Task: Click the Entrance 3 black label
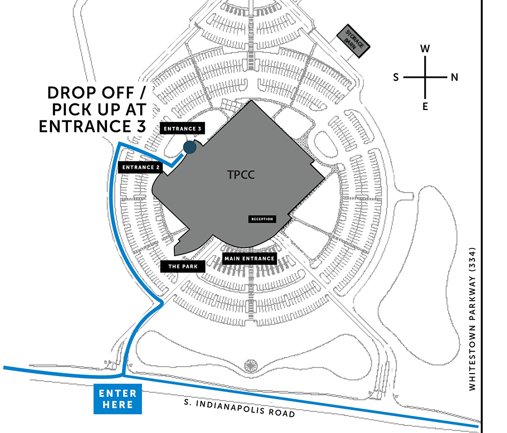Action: (182, 128)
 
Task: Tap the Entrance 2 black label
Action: (141, 167)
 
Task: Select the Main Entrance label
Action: (250, 259)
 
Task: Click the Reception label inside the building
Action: (262, 219)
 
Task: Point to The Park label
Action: (183, 267)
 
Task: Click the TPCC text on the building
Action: (241, 175)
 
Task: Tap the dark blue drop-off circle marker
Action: (190, 147)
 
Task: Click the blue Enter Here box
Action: (118, 399)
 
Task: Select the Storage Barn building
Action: (353, 41)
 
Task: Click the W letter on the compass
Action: (425, 49)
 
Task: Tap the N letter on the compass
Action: (455, 77)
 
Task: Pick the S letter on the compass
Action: (396, 77)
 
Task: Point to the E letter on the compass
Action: (425, 106)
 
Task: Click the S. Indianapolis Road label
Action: (239, 408)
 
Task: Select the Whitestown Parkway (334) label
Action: (472, 319)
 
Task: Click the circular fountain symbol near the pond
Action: (250, 366)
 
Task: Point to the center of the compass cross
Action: (425, 77)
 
